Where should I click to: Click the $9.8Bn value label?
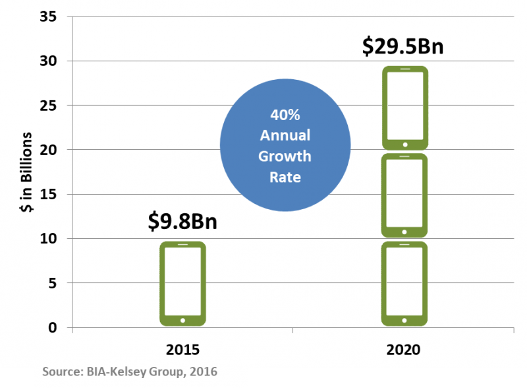182,221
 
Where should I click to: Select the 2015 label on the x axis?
182,350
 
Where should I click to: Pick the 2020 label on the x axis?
404,350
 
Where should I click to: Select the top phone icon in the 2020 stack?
404,108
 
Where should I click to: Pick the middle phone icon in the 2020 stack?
404,195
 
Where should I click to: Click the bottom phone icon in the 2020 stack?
404,284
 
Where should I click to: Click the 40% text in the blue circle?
285,115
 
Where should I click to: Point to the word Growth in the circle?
285,157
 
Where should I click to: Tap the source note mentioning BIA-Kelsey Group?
129,372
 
